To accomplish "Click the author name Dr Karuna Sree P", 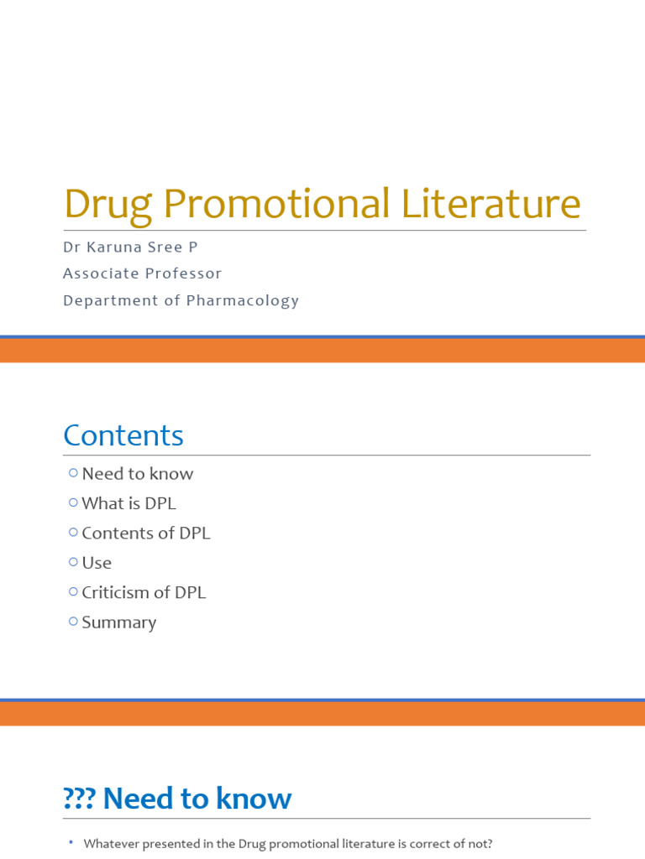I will click(130, 248).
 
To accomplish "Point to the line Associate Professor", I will click(142, 273).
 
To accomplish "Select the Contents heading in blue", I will click(123, 435).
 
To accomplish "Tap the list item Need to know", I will click(138, 474).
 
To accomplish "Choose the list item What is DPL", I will click(128, 503).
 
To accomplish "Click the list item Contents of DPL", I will click(146, 534).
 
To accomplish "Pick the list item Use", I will click(97, 563).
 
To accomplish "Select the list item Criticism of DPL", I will click(144, 593).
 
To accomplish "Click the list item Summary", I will click(119, 622).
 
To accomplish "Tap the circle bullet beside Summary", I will click(74, 622).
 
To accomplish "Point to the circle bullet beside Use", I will click(74, 562).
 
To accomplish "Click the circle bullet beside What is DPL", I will click(74, 502).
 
